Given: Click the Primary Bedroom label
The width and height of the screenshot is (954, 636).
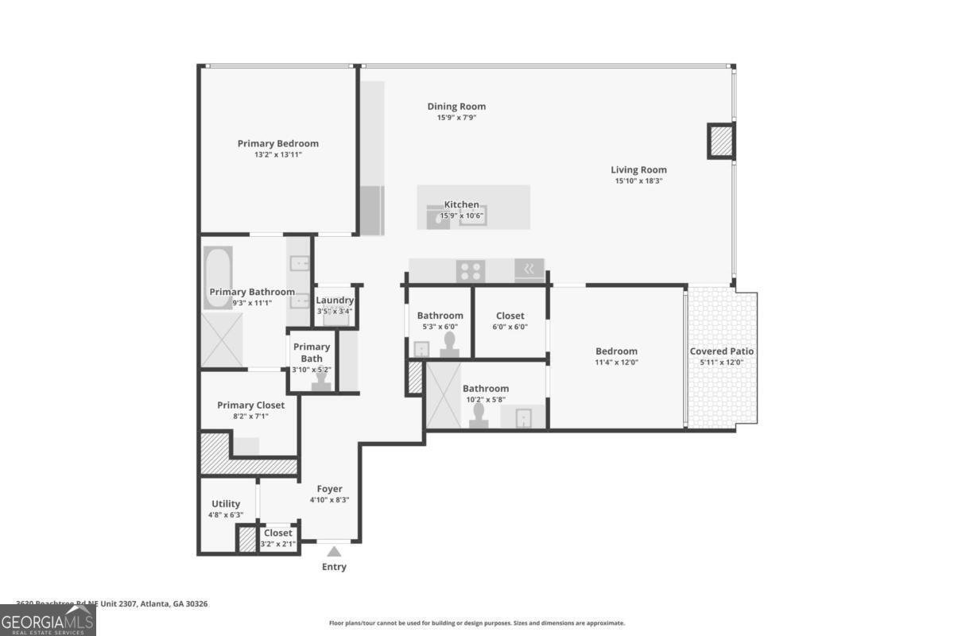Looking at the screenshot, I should pyautogui.click(x=277, y=144).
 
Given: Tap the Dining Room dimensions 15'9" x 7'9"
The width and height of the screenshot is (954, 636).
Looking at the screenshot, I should pyautogui.click(x=456, y=118).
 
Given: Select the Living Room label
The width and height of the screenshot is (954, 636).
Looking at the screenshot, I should pyautogui.click(x=638, y=169).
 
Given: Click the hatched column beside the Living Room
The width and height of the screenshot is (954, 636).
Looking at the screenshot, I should pyautogui.click(x=721, y=142).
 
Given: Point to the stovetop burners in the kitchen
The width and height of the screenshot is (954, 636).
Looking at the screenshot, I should pyautogui.click(x=469, y=270).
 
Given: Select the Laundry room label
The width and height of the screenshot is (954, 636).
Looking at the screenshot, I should pyautogui.click(x=335, y=300).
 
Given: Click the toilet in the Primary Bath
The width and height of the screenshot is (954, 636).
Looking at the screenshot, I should pyautogui.click(x=322, y=381).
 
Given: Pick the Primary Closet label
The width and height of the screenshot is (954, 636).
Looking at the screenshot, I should pyautogui.click(x=250, y=405).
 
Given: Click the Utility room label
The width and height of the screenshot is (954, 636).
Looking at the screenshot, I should pyautogui.click(x=226, y=504).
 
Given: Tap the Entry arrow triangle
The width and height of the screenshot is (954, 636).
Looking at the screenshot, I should pyautogui.click(x=334, y=551).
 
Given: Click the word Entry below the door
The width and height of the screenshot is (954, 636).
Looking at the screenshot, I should pyautogui.click(x=334, y=567).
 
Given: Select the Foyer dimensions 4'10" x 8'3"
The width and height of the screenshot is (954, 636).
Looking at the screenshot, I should pyautogui.click(x=329, y=500).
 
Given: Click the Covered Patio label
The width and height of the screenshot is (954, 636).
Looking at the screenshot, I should pyautogui.click(x=722, y=351).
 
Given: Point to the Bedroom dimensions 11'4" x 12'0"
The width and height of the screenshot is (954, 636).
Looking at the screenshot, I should pyautogui.click(x=617, y=362).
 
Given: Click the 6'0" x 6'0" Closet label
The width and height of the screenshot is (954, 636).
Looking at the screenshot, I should pyautogui.click(x=510, y=316).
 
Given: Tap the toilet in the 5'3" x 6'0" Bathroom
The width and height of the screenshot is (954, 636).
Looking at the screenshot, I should pyautogui.click(x=450, y=343).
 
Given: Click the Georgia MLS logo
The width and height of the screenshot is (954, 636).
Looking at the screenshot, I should pyautogui.click(x=48, y=620).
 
